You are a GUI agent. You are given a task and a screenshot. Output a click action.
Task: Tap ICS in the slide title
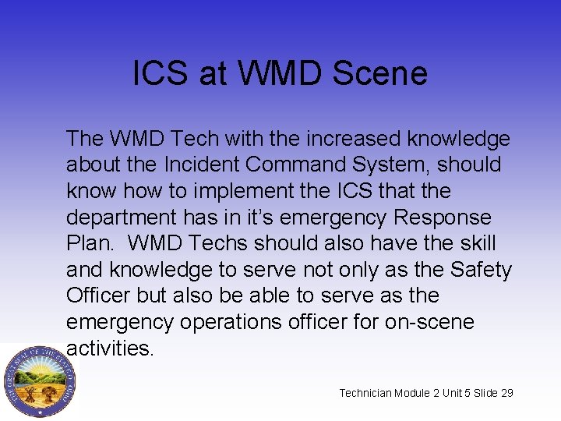tap(161, 73)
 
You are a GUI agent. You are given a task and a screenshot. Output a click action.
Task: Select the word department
tap(119, 218)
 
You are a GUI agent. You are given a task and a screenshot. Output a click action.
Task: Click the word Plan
tap(89, 243)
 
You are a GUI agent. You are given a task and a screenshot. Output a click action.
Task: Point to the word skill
tap(477, 243)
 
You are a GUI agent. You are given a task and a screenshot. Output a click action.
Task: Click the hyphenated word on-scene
tap(429, 322)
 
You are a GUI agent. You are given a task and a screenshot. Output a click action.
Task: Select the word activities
tap(111, 348)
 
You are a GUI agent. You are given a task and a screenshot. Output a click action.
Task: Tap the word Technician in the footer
tap(365, 393)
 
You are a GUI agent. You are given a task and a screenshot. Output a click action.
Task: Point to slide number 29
tap(506, 393)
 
